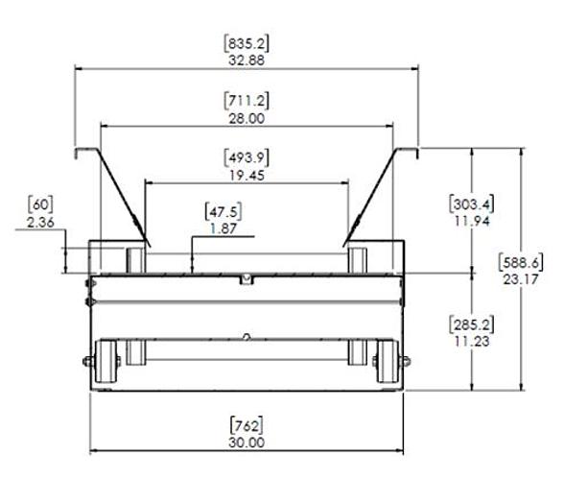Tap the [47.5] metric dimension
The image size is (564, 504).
(x=225, y=208)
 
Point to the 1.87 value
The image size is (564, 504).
(x=225, y=226)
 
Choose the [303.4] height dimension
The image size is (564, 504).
(x=471, y=203)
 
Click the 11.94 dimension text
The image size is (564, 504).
(x=471, y=220)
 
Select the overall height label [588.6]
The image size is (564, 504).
(x=523, y=259)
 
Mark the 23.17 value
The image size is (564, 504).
(x=523, y=276)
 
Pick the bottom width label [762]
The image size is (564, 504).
(x=247, y=425)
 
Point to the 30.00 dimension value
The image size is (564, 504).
(x=247, y=443)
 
